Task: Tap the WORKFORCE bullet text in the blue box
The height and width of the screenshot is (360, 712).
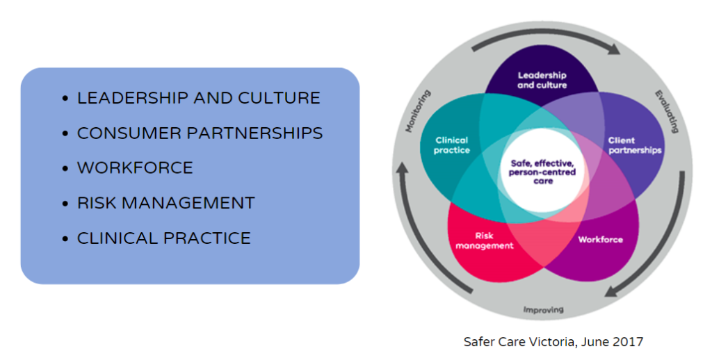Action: coord(135,167)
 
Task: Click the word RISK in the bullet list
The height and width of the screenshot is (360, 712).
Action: coord(96,203)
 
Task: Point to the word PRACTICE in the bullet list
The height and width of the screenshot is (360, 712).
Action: coord(207,238)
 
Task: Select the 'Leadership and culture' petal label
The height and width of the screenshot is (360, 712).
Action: coord(542,80)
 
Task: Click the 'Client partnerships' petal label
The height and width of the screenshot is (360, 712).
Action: coord(635,145)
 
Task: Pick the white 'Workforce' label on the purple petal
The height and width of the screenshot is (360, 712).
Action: coord(601,240)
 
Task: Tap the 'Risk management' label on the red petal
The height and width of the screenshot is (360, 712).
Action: coord(485,240)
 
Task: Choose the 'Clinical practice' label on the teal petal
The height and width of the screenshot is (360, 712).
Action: coord(452,145)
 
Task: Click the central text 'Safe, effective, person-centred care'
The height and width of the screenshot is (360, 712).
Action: coord(543,172)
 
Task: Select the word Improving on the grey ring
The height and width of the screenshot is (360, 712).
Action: coord(543,309)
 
